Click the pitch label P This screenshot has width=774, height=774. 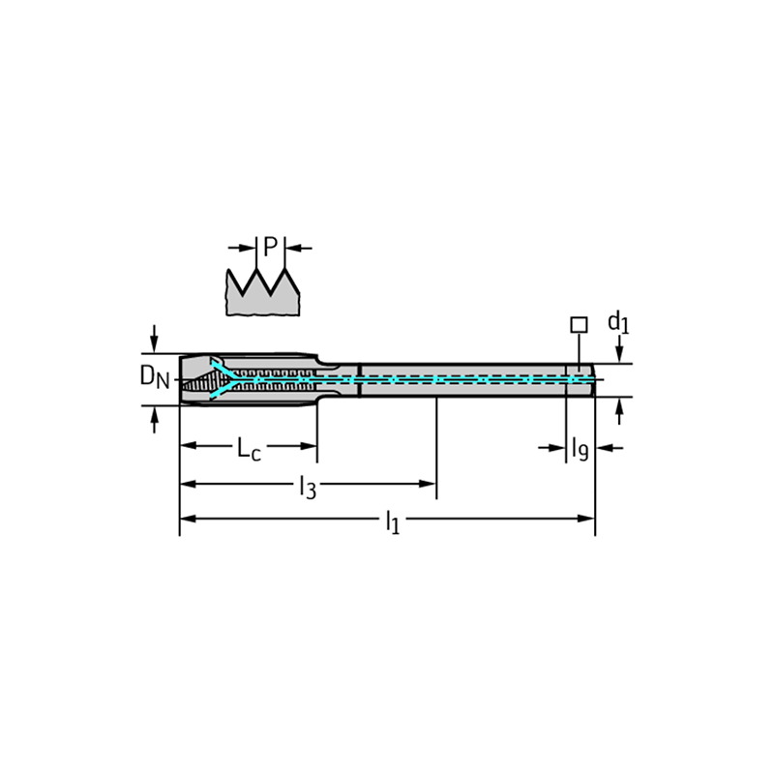pyautogui.click(x=270, y=247)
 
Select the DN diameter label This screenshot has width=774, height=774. pyautogui.click(x=155, y=377)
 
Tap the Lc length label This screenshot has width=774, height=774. pyautogui.click(x=250, y=448)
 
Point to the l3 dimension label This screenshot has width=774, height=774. pyautogui.click(x=308, y=487)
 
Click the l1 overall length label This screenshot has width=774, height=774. pyautogui.click(x=393, y=521)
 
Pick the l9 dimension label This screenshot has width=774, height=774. pyautogui.click(x=580, y=449)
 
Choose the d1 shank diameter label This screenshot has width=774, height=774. pyautogui.click(x=618, y=323)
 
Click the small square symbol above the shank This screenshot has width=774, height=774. pyautogui.click(x=579, y=325)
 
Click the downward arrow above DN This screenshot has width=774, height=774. pyautogui.click(x=155, y=339)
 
